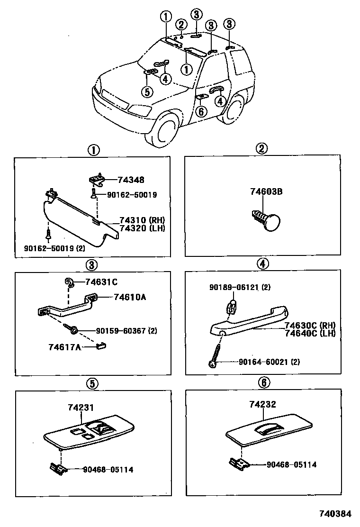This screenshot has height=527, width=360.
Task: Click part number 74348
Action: click(131, 180)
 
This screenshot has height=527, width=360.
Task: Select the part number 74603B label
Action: click(266, 192)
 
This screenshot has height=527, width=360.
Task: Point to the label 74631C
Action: click(101, 282)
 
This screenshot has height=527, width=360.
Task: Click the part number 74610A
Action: click(129, 297)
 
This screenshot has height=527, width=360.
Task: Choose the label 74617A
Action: click(64, 347)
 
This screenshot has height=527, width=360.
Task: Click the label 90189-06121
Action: click(240, 287)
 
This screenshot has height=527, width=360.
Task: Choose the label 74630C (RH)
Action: click(310, 325)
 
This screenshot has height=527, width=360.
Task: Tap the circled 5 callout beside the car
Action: click(148, 92)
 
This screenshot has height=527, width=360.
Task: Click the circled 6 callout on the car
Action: click(201, 111)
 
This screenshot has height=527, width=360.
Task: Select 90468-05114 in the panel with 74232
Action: click(291, 465)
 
